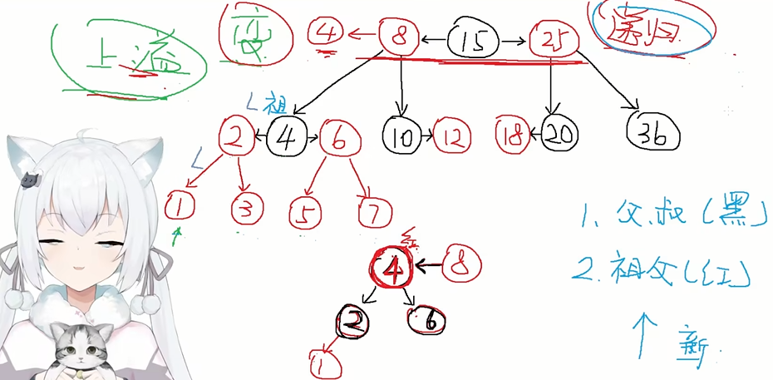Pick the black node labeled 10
coord(402,134)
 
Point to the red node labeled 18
coord(513,134)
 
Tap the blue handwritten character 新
coord(695,347)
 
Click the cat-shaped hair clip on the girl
coord(31,179)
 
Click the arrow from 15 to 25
coord(516,39)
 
